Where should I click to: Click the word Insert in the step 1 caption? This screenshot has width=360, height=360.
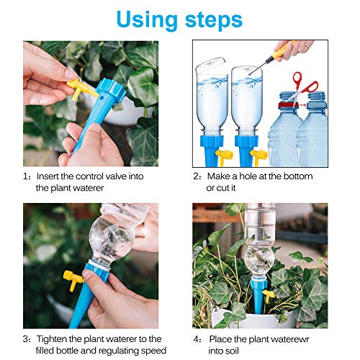51,176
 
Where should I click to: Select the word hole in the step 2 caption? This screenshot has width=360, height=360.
253,176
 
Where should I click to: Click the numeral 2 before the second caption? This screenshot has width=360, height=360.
196,176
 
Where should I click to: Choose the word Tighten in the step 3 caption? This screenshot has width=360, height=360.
55,338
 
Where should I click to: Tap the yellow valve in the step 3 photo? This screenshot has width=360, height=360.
71,276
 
